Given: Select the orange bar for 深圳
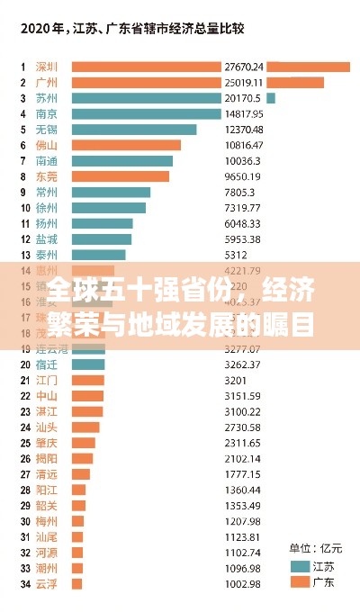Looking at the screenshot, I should click(x=146, y=67).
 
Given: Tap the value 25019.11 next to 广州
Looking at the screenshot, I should click(x=243, y=83).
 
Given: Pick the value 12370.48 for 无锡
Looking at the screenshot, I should click(x=243, y=130).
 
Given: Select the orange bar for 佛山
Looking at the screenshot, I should click(x=126, y=145).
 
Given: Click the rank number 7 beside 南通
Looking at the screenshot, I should click(x=23, y=161).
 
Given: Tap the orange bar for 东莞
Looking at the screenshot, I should click(x=120, y=176).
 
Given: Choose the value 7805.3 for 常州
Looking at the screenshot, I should click(x=239, y=192).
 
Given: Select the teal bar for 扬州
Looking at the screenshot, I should click(x=102, y=223).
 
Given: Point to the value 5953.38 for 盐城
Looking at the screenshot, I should click(x=243, y=239).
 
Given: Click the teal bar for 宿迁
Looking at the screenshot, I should click(x=88, y=364).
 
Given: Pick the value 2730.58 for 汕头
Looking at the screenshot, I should click(x=243, y=427).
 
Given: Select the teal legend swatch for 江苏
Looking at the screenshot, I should click(x=300, y=566).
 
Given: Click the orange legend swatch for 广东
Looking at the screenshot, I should click(x=300, y=582).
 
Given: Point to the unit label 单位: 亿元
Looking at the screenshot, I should click(x=314, y=547).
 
